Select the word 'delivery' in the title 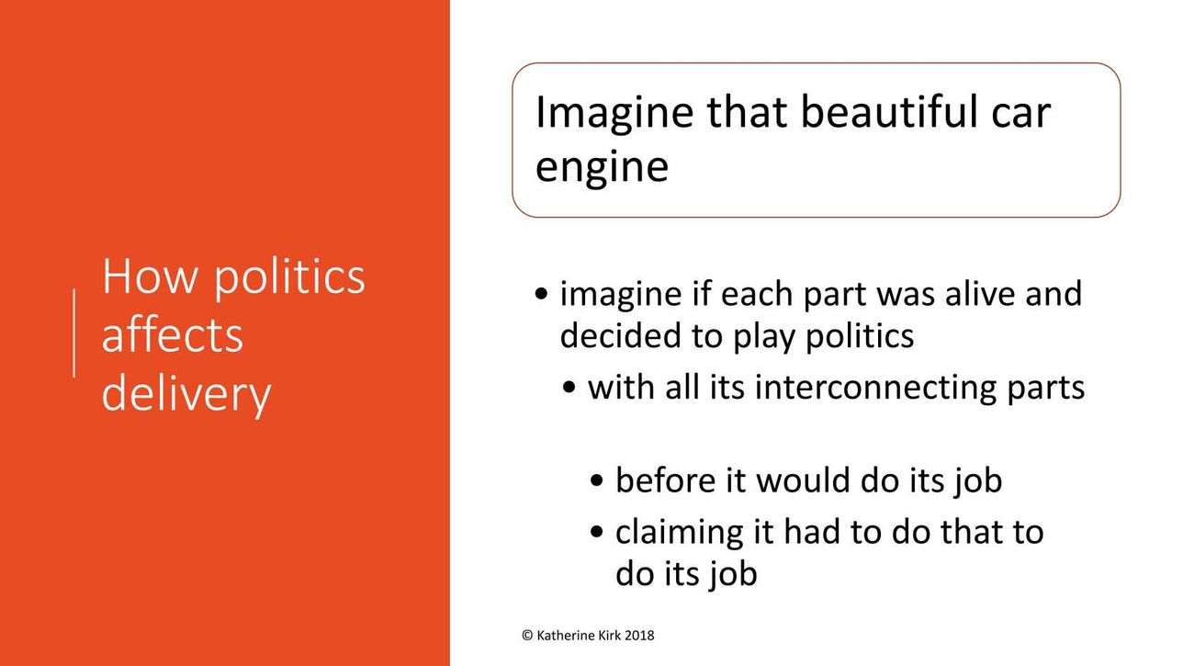[186, 393]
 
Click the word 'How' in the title [150, 276]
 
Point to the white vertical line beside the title [73, 333]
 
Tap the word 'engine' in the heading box [603, 169]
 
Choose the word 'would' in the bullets [804, 480]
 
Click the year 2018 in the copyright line [639, 636]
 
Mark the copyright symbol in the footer [527, 636]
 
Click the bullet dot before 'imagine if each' [542, 294]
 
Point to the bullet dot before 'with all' [569, 388]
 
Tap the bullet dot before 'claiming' [597, 533]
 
